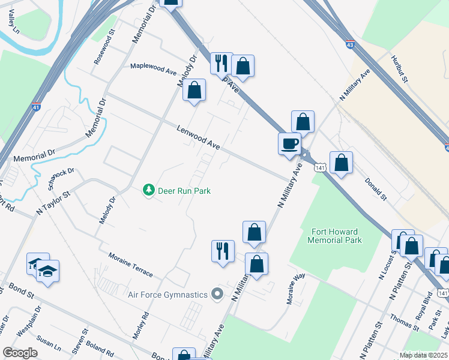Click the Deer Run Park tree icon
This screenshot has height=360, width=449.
click(x=148, y=190)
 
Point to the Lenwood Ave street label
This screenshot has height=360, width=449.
click(x=199, y=137)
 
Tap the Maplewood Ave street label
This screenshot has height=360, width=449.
click(x=154, y=68)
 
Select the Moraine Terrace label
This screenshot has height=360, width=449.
click(x=130, y=264)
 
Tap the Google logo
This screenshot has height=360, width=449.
click(x=20, y=352)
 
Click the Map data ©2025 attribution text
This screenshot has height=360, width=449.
click(x=424, y=355)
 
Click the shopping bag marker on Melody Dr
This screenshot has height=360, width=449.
click(x=194, y=91)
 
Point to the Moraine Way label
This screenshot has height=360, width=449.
click(x=297, y=290)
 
